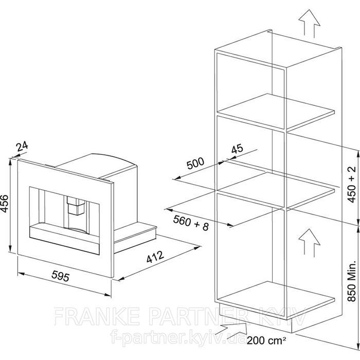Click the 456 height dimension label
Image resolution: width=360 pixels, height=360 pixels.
point(4,204)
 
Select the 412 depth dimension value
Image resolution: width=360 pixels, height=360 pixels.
point(155,257)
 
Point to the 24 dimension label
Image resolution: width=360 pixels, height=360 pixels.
point(22,147)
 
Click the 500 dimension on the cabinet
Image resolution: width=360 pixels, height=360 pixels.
point(195,163)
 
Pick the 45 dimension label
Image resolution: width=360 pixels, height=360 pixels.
point(237,149)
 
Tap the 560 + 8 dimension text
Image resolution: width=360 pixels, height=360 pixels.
point(191,223)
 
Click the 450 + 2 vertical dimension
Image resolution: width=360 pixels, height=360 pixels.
point(352,184)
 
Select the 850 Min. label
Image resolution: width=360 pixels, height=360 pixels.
point(352,281)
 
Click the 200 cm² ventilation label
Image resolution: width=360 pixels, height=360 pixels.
point(266,340)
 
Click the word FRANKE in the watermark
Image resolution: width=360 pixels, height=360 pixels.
point(97,316)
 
